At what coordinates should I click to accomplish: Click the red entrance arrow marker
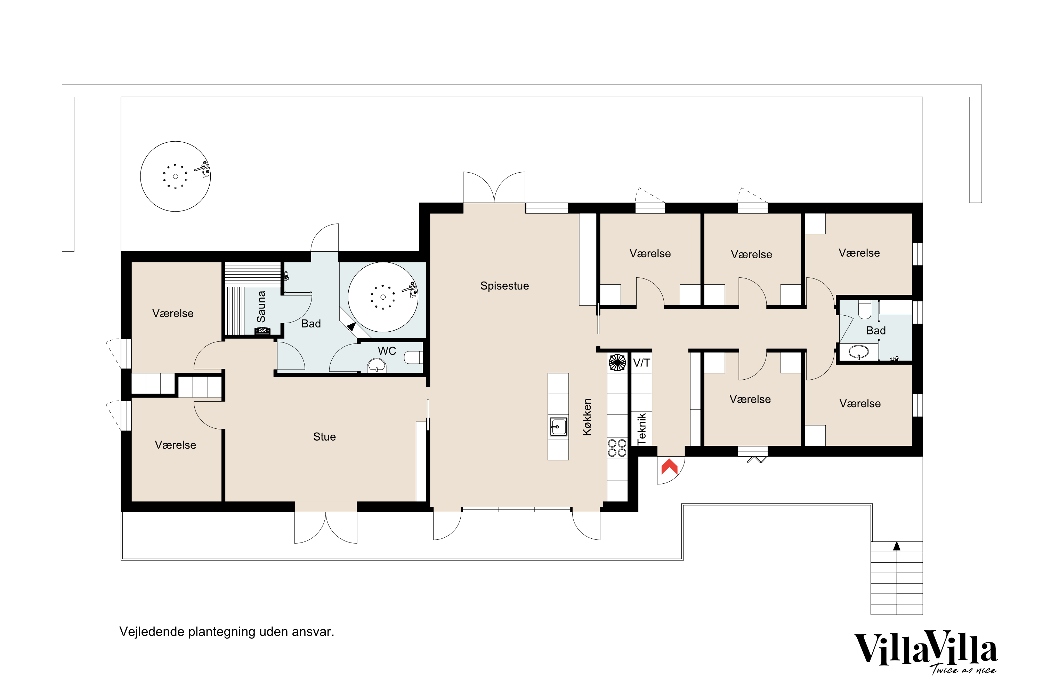669,467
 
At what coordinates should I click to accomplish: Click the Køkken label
587,417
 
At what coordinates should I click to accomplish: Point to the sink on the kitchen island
558,427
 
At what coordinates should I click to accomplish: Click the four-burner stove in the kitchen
617,448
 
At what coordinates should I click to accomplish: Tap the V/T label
641,363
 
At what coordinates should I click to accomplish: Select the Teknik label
641,428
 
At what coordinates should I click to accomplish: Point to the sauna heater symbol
262,331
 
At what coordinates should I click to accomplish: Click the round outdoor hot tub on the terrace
176,176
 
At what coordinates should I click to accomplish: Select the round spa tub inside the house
383,297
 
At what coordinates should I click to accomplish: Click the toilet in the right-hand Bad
865,310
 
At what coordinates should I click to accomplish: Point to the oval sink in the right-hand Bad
858,352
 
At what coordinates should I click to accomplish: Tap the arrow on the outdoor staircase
897,546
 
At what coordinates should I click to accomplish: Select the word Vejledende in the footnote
152,632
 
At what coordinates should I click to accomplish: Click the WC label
387,351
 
